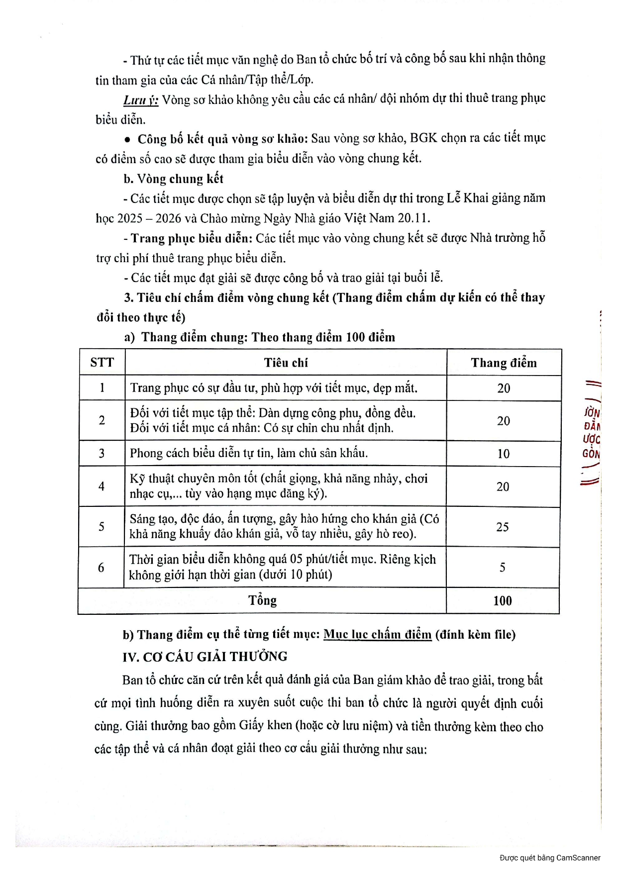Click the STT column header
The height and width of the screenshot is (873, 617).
point(102,362)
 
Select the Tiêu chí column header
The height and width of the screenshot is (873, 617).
point(286,363)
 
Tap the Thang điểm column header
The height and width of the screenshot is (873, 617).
point(504,363)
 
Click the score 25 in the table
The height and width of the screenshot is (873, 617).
point(503,527)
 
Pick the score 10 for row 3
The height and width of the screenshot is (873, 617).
point(504,454)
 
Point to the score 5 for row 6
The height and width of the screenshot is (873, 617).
point(503,568)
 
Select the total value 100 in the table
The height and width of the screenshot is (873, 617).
point(503,601)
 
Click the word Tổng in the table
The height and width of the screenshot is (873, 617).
point(262,600)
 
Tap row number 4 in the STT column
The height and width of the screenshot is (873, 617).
point(102,486)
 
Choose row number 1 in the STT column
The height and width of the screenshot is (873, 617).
point(102,388)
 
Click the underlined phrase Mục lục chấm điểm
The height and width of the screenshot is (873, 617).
point(377,635)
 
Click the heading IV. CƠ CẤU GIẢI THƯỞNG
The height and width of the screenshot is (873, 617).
point(205,657)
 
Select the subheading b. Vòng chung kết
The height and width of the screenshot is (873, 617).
point(174,179)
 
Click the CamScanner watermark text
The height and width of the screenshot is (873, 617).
point(550,858)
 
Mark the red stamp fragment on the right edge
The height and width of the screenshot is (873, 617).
point(592,433)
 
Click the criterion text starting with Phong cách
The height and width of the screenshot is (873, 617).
point(249,453)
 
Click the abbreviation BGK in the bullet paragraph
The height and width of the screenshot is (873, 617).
point(423,138)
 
